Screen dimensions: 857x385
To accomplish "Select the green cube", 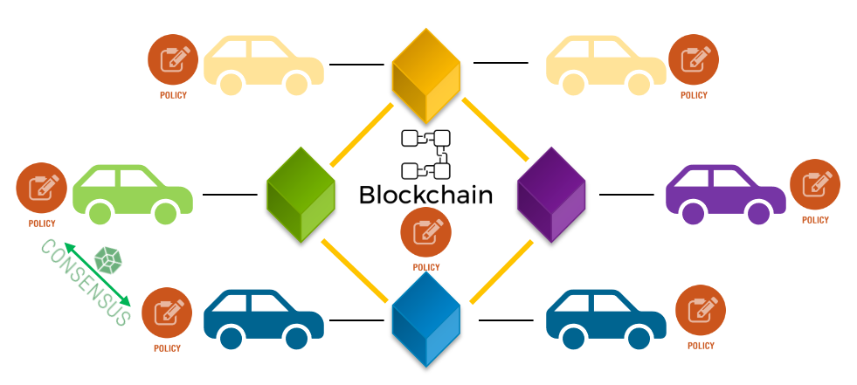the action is (x=301, y=195).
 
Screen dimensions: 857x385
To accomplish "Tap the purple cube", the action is (x=551, y=195).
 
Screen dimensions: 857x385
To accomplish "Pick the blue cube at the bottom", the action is (x=426, y=320).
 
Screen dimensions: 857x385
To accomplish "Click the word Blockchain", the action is (x=425, y=195).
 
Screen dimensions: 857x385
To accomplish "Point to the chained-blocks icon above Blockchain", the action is (x=425, y=155).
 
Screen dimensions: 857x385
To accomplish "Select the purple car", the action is (x=726, y=195).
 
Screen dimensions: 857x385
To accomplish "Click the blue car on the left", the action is (x=264, y=320).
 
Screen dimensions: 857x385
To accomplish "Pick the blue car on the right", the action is (x=606, y=320).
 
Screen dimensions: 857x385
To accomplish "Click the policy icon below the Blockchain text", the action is (x=425, y=232).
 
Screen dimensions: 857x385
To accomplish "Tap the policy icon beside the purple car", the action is (x=815, y=184).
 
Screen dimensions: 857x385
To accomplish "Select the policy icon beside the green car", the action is (x=42, y=188).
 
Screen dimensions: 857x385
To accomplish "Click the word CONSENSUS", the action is (x=86, y=282).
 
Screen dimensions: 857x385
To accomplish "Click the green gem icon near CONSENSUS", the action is (x=108, y=260).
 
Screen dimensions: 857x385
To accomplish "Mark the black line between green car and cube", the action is (x=230, y=195).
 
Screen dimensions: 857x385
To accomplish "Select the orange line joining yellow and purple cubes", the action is (x=495, y=129).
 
